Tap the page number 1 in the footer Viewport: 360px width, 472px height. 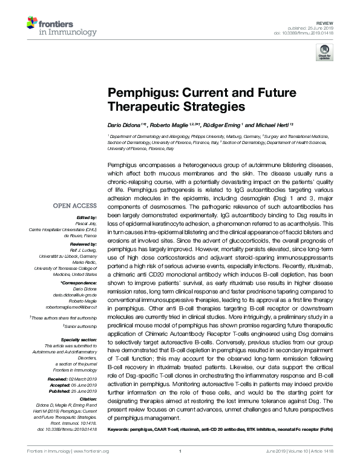pyautogui.click(x=180, y=466)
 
